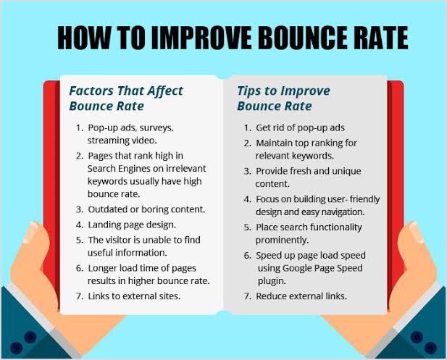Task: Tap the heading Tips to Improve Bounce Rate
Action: pyautogui.click(x=283, y=98)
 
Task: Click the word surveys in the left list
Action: pyautogui.click(x=154, y=127)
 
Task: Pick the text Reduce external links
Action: pyautogui.click(x=301, y=296)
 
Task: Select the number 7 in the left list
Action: pyautogui.click(x=79, y=296)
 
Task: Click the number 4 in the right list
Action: pyautogui.click(x=246, y=199)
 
